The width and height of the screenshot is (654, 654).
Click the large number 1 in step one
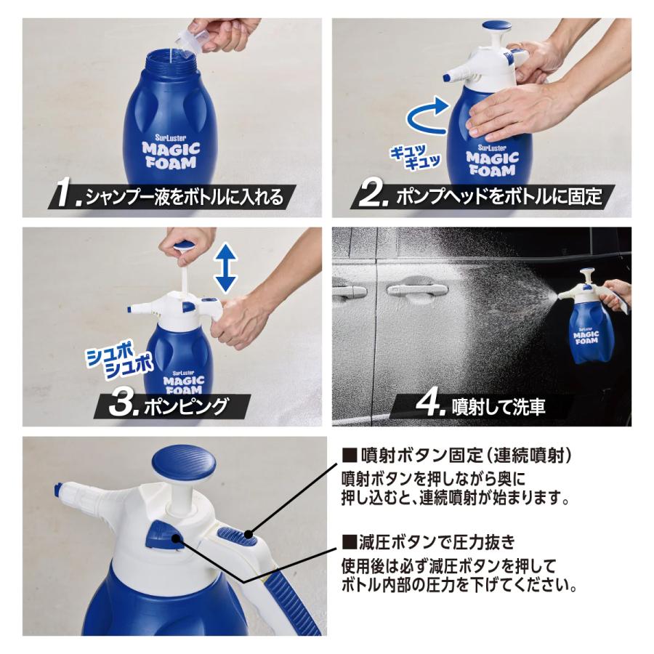pos(70,195)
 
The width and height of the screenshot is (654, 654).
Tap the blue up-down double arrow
pos(226,267)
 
